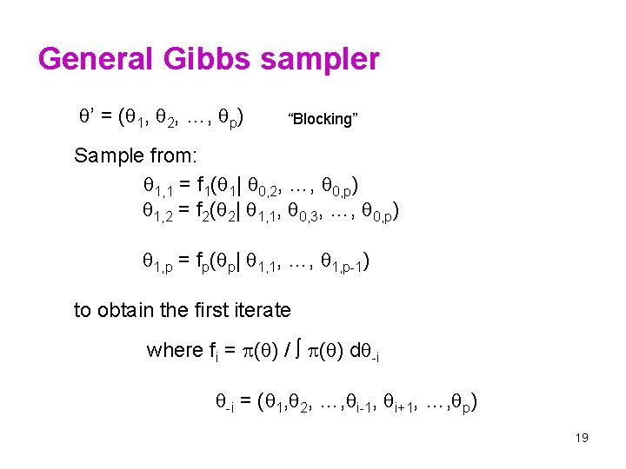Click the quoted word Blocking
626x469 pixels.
tap(323, 119)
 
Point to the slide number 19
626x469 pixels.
tap(582, 438)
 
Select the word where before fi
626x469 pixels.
tap(174, 350)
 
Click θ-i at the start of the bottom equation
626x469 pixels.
tap(223, 402)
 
